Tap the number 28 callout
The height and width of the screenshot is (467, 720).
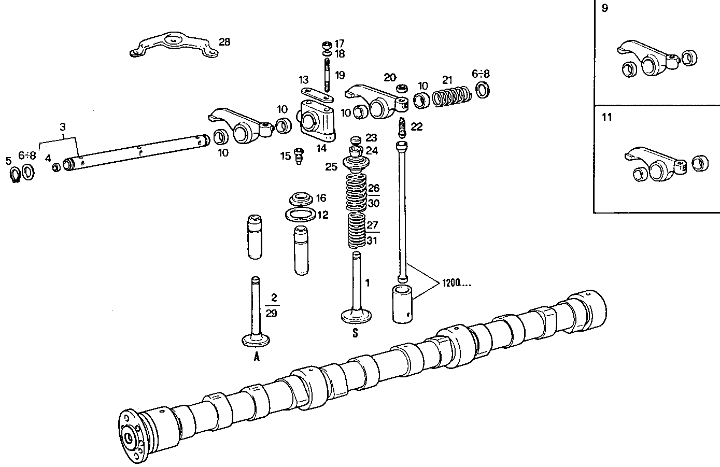224,42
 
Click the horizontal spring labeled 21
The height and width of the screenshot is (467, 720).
451,96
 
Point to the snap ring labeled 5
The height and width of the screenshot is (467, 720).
15,174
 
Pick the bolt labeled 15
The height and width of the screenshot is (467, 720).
299,155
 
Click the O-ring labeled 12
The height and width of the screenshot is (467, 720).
300,214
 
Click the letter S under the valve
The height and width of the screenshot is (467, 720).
355,334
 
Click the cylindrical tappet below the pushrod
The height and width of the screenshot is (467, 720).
402,303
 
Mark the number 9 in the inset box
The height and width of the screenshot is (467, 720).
605,8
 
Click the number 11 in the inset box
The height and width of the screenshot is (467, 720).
606,117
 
